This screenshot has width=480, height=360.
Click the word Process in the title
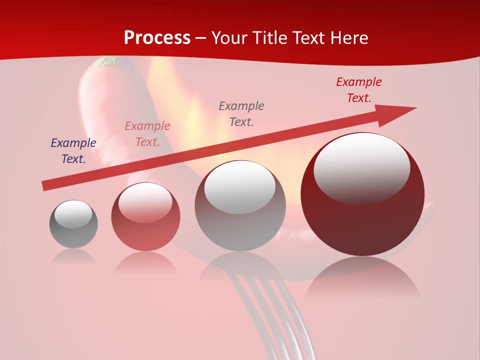pyautogui.click(x=157, y=38)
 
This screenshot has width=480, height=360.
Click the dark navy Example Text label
pyautogui.click(x=73, y=151)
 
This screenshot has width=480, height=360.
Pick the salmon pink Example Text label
pyautogui.click(x=147, y=134)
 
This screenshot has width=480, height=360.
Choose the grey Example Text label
pyautogui.click(x=241, y=114)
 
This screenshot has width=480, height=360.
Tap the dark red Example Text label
pyautogui.click(x=359, y=90)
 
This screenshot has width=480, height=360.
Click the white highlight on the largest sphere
pyautogui.click(x=362, y=167)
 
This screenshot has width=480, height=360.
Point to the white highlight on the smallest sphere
pyautogui.click(x=73, y=214)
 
